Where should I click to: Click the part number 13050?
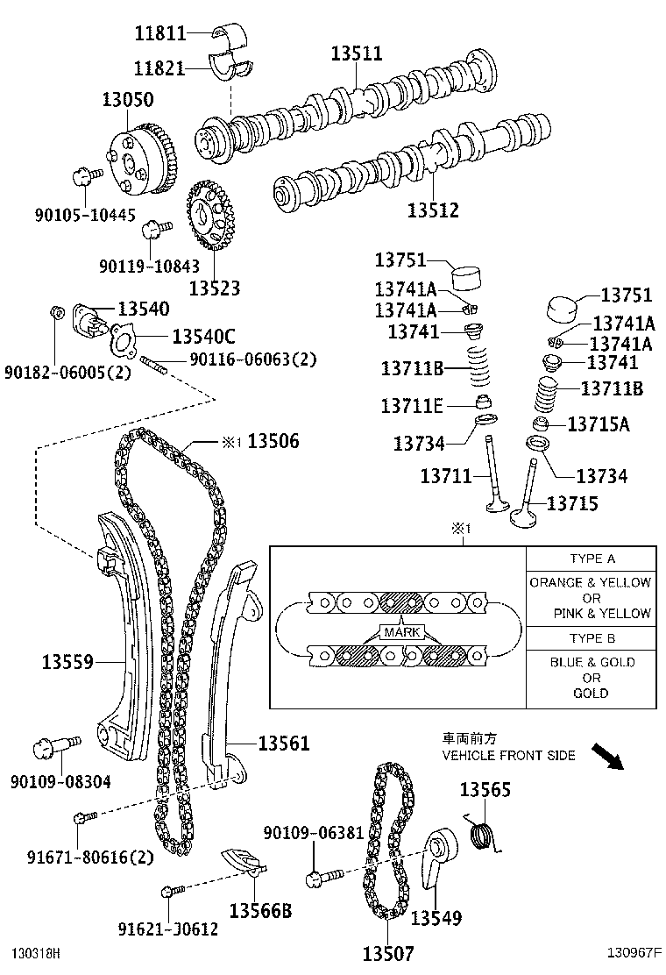pos(128,99)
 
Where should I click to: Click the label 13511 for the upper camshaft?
pos(356,53)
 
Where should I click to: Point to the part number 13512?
pos(432,211)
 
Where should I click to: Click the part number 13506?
pos(273,442)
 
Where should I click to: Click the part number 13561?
pos(283,744)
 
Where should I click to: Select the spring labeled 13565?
pos(481,833)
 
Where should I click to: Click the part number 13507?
pos(387,953)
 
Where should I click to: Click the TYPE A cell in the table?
pos(592,559)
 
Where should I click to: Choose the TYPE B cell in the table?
pos(592,638)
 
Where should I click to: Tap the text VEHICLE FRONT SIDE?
pos(508,755)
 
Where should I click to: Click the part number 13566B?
pos(259,911)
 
